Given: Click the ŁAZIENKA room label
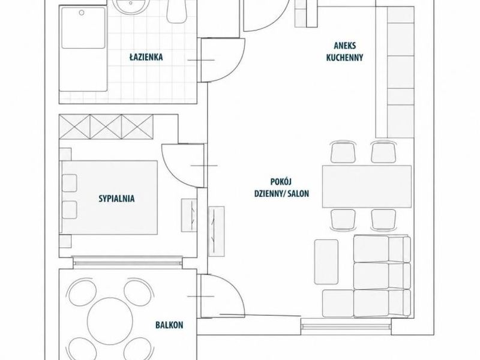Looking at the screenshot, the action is tap(146, 57).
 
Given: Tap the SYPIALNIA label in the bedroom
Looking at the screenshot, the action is tap(116, 199).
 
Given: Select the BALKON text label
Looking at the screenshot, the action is tap(169, 325).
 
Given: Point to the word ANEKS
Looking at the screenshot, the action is tap(344, 46).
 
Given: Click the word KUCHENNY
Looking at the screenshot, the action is tap(344, 58).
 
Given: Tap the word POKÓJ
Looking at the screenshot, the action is tap(281, 182).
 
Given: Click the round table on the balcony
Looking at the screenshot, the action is tap(110, 320).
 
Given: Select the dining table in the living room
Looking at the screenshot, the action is tap(367, 187).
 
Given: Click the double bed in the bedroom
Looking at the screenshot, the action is tap(109, 198).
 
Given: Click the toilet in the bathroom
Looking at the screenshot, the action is tap(176, 11).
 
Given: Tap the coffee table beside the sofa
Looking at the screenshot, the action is tap(326, 262).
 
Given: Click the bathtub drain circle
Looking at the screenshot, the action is tap(82, 13).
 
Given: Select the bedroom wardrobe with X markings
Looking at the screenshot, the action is tap(106, 127).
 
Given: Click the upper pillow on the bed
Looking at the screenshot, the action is tap(70, 183).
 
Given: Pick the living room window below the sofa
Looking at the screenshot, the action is tap(346, 327).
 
